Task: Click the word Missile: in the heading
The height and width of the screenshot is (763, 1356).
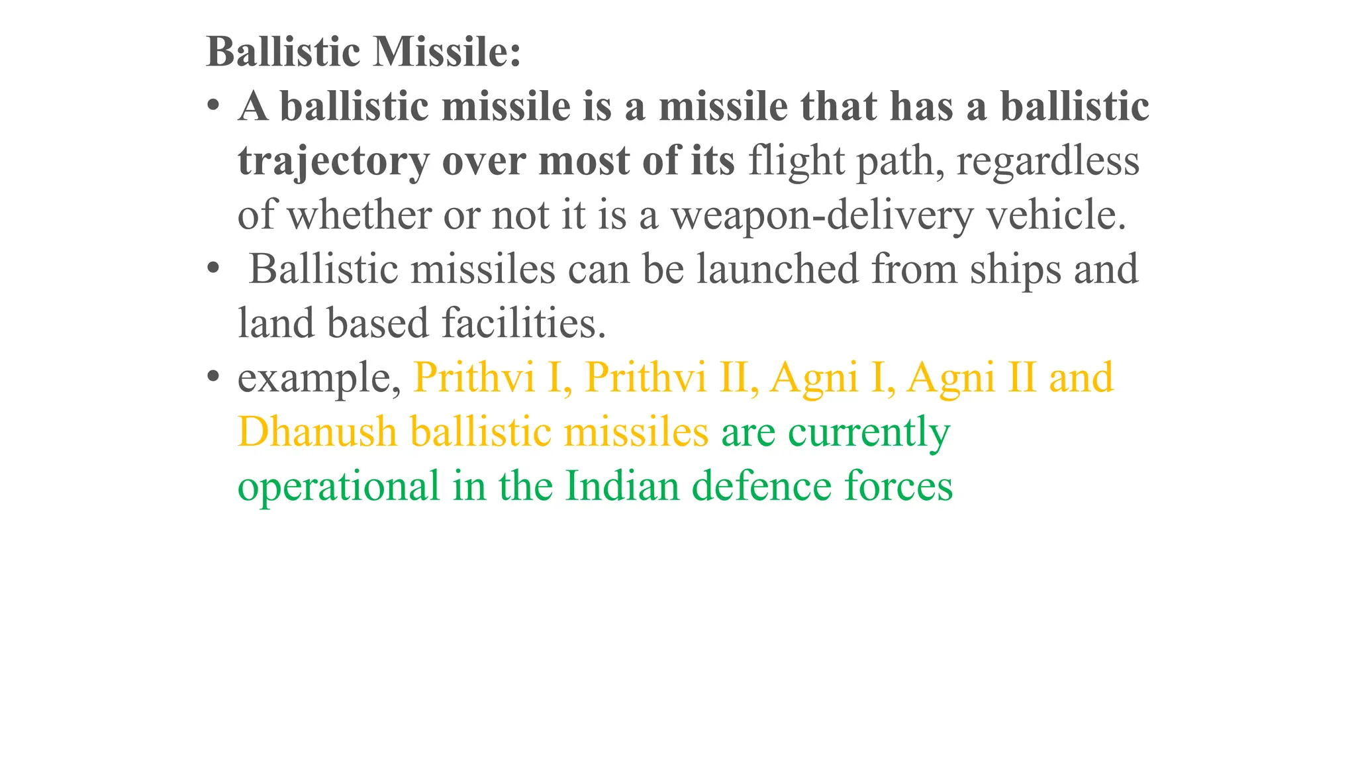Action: [447, 52]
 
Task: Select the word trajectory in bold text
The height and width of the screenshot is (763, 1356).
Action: [334, 162]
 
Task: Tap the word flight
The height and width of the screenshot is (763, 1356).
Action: [797, 160]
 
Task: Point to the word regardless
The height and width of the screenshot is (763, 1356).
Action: [1047, 162]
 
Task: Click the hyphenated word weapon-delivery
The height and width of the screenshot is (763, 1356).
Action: [822, 216]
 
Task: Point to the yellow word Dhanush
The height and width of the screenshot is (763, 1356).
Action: [317, 432]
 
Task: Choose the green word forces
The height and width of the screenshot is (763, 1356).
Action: [898, 486]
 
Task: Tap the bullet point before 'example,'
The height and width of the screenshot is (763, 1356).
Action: [213, 377]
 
